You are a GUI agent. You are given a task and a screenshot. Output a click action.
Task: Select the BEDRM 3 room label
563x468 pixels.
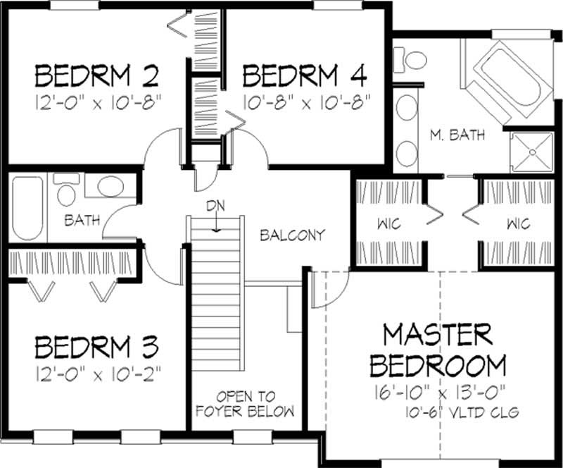[97, 347]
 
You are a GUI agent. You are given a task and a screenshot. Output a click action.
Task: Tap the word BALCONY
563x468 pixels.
[292, 235]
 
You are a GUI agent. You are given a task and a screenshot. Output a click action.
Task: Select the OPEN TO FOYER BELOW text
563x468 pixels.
[255, 403]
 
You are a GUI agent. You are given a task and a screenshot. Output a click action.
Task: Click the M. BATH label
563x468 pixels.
[457, 135]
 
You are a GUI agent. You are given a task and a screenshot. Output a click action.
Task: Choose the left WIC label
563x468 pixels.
[388, 224]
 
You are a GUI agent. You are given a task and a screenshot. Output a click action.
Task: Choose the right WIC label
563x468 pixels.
[517, 224]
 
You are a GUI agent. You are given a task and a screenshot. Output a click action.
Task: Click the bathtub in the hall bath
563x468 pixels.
[27, 209]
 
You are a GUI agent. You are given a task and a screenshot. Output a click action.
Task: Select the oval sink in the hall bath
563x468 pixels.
[109, 187]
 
